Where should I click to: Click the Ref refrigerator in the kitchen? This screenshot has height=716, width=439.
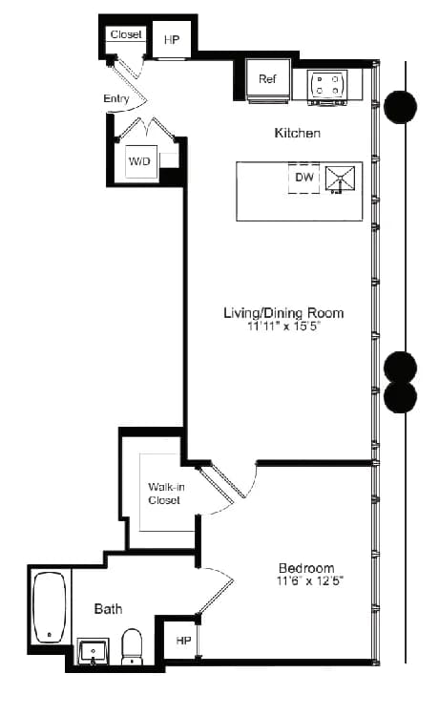tap(267, 80)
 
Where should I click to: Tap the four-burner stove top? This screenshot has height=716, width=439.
tap(326, 83)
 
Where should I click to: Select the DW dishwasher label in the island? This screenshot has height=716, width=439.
tap(304, 177)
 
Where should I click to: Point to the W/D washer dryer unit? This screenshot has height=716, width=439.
tap(139, 162)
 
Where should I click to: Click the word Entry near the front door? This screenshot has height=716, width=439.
tap(116, 98)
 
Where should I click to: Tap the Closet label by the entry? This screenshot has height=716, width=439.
tap(126, 34)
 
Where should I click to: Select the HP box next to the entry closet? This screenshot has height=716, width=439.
tap(172, 40)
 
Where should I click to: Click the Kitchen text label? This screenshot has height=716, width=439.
tap(297, 133)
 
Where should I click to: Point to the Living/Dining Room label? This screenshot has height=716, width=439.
tap(283, 312)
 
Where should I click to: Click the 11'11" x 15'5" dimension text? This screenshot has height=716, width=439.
tap(283, 326)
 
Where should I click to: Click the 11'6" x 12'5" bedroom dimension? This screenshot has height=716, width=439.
tap(306, 580)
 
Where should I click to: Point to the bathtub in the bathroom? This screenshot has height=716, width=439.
tap(49, 607)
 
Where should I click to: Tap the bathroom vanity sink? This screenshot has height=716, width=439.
tap(94, 652)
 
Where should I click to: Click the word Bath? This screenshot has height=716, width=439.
tap(108, 608)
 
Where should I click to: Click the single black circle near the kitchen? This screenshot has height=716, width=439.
tap(400, 106)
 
